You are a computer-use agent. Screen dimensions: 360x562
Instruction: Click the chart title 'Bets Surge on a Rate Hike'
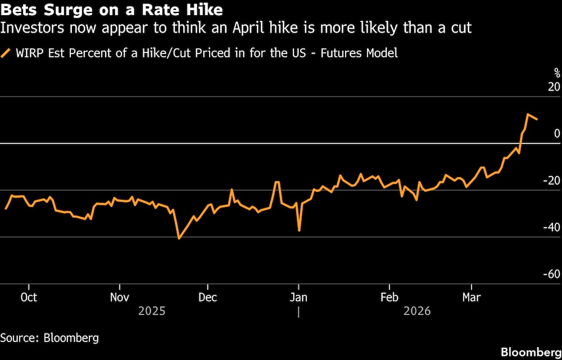(x=111, y=10)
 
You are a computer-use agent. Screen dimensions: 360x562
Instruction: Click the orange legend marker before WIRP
(x=6, y=53)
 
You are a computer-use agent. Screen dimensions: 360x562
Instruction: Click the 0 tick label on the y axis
(x=556, y=134)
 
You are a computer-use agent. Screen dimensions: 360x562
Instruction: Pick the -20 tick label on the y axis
(x=551, y=181)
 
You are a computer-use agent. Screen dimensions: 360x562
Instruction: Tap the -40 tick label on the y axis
(x=551, y=227)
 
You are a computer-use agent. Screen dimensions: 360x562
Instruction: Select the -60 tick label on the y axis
(x=551, y=274)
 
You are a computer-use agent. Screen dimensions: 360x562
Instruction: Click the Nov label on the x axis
(x=120, y=297)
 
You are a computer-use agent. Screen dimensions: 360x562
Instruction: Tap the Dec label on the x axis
(x=207, y=297)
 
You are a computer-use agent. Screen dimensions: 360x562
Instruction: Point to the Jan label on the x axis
(x=298, y=297)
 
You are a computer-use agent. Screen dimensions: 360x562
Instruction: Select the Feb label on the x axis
(x=389, y=297)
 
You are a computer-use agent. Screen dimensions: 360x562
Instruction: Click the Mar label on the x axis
(x=471, y=297)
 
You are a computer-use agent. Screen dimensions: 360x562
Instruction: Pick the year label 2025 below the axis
(x=152, y=311)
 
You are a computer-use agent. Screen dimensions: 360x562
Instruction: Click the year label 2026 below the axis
(x=417, y=311)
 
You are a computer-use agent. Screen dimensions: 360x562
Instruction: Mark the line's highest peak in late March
(x=528, y=115)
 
